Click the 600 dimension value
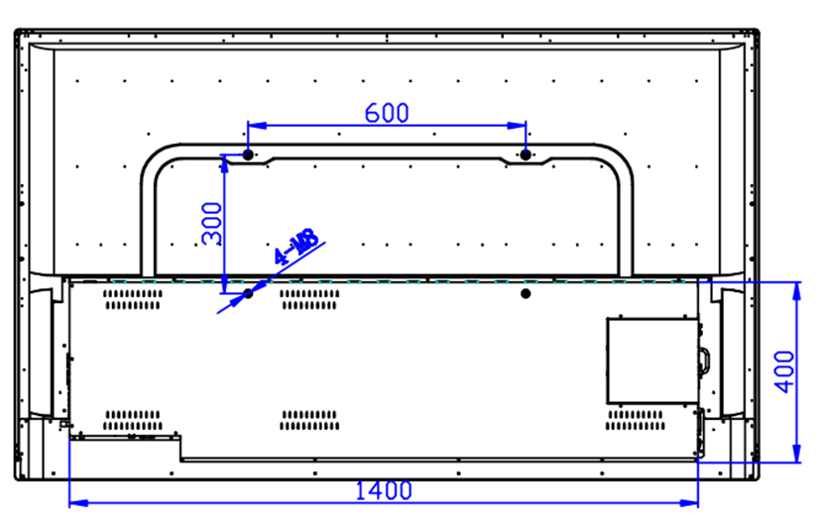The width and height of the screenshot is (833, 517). tap(387, 112)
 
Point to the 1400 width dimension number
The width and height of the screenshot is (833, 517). tap(381, 489)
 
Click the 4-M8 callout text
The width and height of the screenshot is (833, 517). tap(296, 248)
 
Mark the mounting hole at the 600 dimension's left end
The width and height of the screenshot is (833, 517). tap(248, 155)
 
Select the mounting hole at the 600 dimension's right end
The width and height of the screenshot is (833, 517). tap(526, 155)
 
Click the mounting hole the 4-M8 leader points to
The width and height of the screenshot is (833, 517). tap(248, 293)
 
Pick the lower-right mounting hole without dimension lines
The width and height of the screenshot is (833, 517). tap(526, 293)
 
